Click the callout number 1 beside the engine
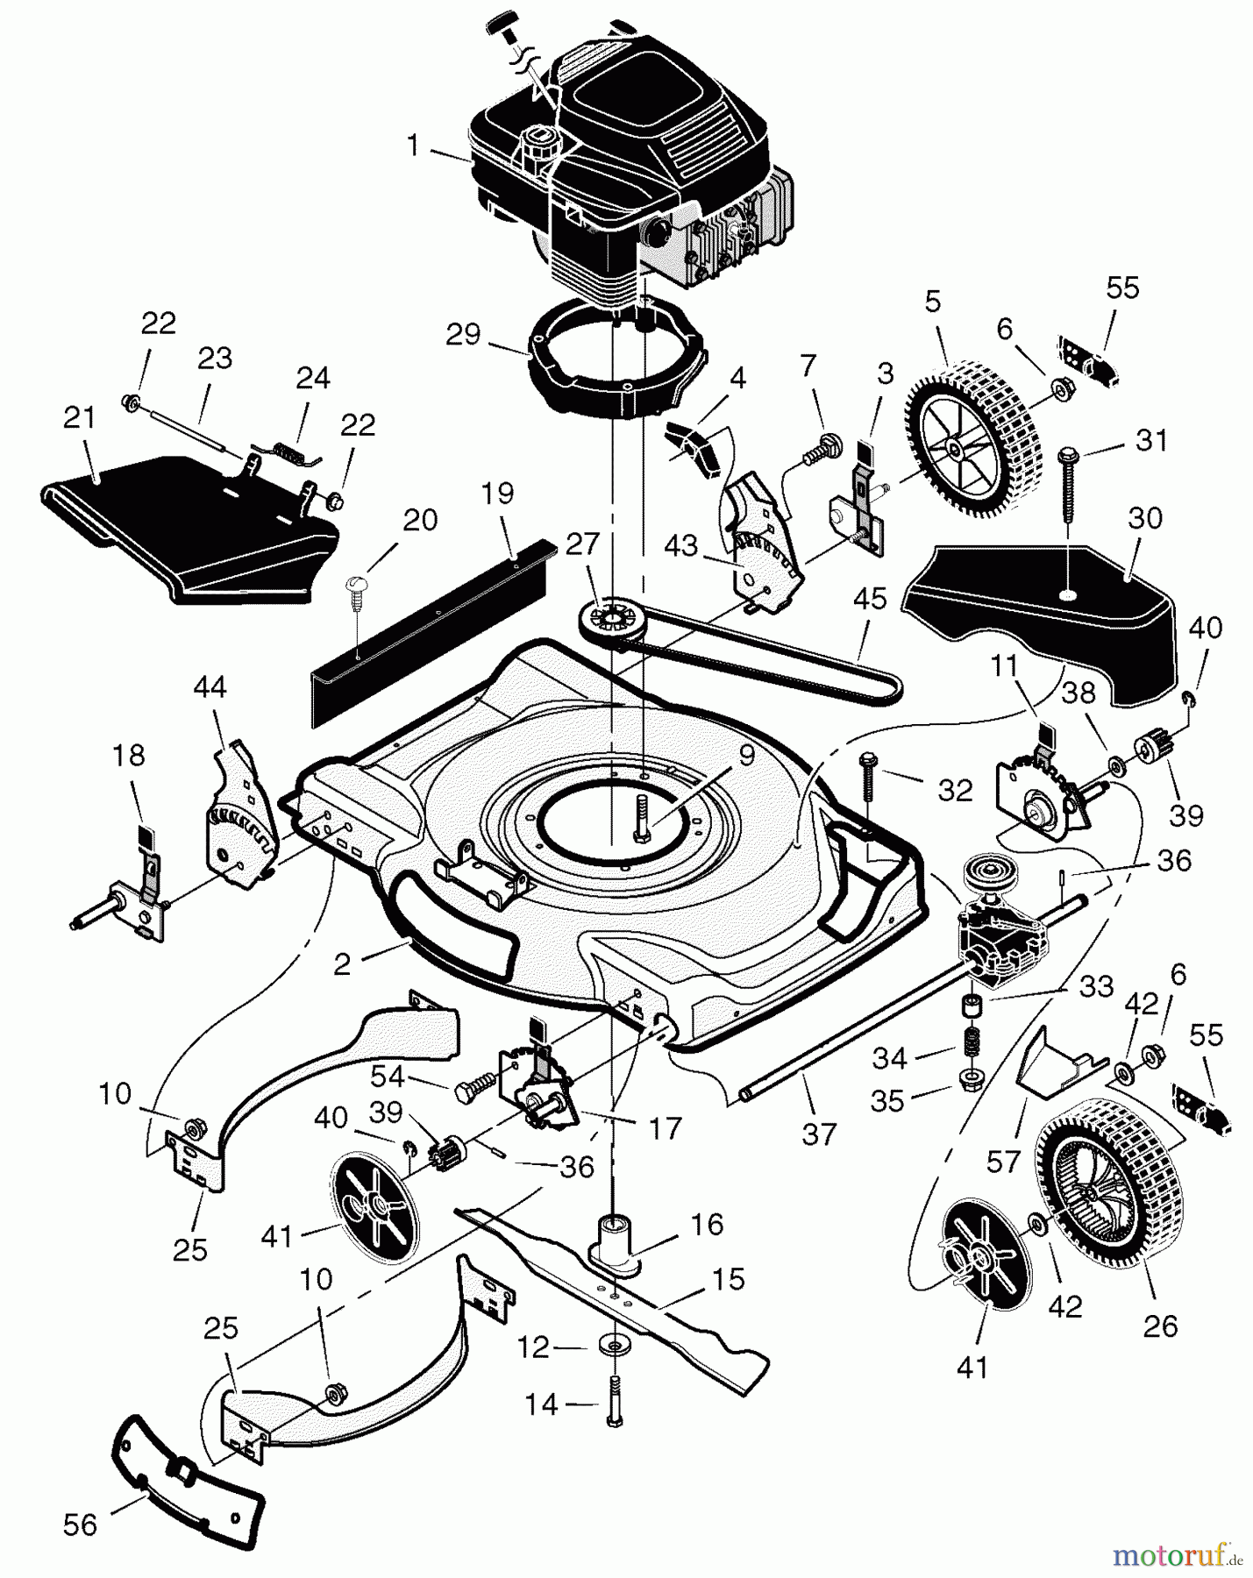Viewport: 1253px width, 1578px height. coord(414,146)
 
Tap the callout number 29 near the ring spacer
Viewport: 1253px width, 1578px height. coord(463,334)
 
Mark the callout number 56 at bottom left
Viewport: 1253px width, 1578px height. coord(80,1526)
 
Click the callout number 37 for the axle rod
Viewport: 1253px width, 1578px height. coord(821,1135)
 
